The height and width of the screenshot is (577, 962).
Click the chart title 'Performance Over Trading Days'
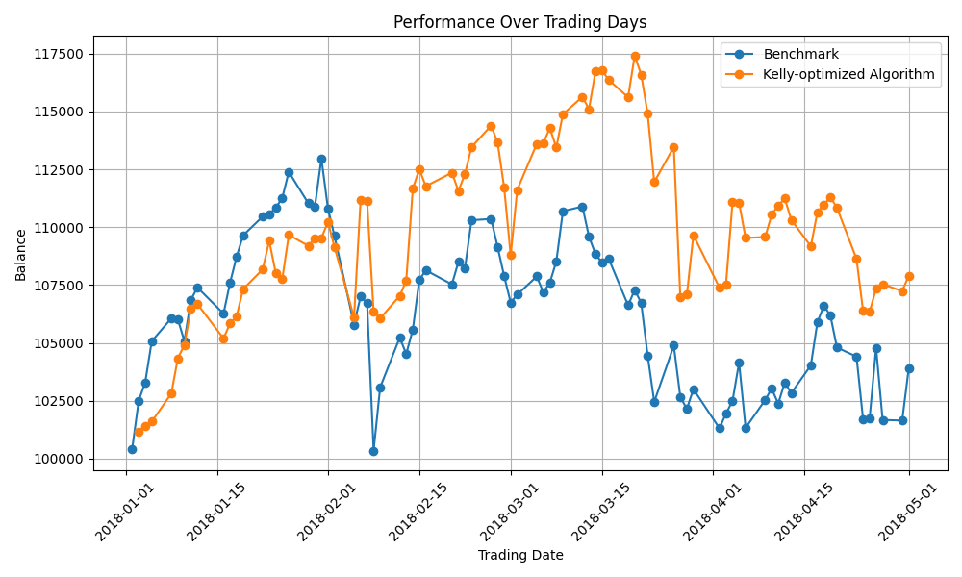519,22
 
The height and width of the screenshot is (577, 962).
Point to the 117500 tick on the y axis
59,54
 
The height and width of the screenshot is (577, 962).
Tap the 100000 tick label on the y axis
59,459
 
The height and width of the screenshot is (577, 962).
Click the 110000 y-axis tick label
59,228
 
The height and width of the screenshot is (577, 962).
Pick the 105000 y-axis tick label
59,343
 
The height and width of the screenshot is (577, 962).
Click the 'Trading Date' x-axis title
520,555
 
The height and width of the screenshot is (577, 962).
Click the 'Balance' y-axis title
21,255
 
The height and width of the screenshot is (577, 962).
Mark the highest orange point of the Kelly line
635,56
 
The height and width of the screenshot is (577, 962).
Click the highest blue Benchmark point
321,159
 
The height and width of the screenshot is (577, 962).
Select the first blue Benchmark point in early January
132,449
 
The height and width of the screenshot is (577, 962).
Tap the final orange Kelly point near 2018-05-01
909,276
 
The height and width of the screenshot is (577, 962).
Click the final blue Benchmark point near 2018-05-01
909,368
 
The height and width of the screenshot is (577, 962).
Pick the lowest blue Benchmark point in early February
373,451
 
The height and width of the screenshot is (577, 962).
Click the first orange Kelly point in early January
139,432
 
